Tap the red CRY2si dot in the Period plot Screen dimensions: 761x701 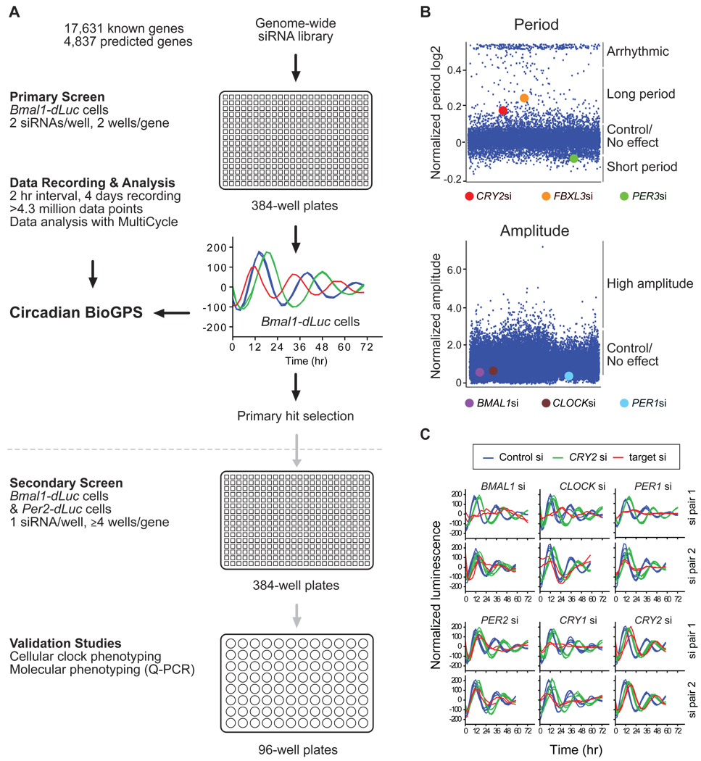click(x=502, y=110)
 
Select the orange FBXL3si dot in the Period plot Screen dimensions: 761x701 click(x=524, y=98)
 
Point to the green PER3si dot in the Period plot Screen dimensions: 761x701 click(x=573, y=158)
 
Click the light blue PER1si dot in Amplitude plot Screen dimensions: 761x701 click(x=569, y=375)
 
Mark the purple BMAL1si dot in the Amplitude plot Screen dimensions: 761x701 click(x=480, y=372)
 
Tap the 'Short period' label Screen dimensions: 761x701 click(x=641, y=167)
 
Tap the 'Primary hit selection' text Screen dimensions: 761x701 click(x=295, y=415)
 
